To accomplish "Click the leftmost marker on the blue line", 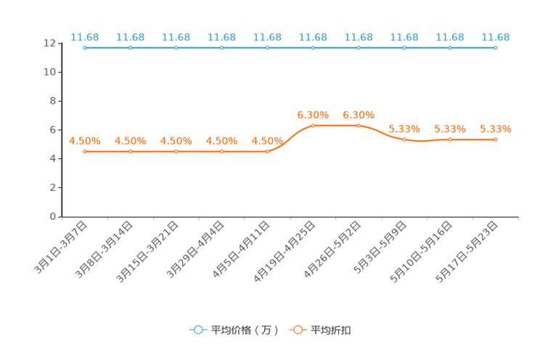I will [85, 48].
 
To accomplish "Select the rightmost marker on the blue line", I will [496, 48].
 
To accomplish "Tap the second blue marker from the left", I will [131, 48].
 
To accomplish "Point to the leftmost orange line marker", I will [85, 152].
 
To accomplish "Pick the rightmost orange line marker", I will [496, 139].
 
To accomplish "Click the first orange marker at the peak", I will [314, 126].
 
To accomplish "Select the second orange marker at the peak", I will [359, 126].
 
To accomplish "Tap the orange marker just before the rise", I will [268, 152].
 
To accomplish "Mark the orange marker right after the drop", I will [404, 139].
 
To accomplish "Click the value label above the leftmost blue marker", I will [85, 36].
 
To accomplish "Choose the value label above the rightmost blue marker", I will [496, 36].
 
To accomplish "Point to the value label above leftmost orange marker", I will [85, 141].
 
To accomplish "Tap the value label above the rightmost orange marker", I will [496, 129].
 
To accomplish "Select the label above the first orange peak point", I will [314, 115].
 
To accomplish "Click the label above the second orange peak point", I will [359, 115].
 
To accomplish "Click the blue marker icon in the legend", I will [197, 330].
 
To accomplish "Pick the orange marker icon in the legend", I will [298, 330].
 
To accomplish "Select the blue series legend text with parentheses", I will [245, 330].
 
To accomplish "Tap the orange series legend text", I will [332, 330].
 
